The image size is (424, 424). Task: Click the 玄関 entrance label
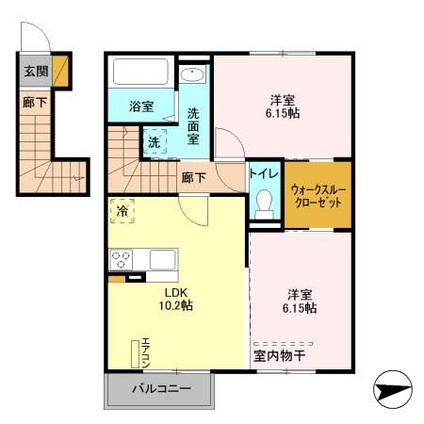(x=34, y=70)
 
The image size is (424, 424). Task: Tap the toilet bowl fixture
(x=264, y=201)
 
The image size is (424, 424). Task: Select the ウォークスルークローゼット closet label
(x=318, y=195)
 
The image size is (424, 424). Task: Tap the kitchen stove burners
(x=122, y=259)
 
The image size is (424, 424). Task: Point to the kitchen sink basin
(x=162, y=259)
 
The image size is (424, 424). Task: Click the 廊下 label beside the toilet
(x=195, y=176)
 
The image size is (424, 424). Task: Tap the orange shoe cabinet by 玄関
(x=60, y=70)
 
